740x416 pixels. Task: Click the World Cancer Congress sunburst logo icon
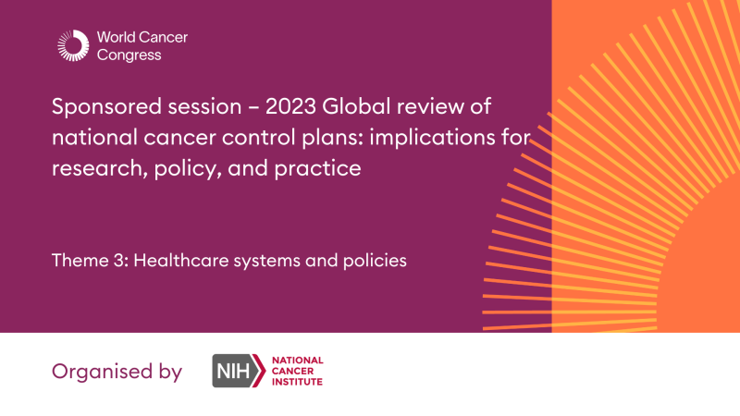click(x=72, y=46)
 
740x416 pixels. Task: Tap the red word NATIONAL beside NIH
click(x=297, y=360)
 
